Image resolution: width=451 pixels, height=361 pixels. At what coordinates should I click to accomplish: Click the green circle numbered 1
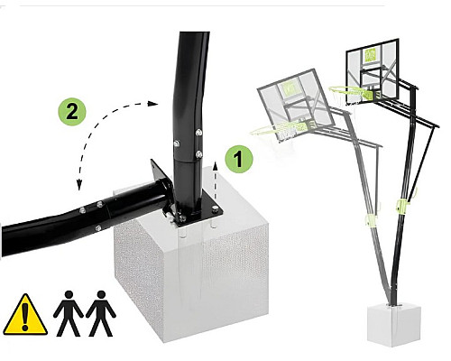pyautogui.click(x=239, y=159)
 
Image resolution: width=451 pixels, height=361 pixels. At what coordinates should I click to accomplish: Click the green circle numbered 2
pyautogui.click(x=72, y=112)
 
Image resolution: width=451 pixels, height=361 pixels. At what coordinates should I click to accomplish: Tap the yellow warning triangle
pyautogui.click(x=25, y=315)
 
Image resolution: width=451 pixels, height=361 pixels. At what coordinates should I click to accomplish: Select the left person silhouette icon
pyautogui.click(x=69, y=313)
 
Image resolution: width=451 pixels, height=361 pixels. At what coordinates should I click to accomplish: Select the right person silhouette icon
pyautogui.click(x=101, y=313)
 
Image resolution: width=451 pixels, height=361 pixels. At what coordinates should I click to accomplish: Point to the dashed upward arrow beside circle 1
pyautogui.click(x=216, y=180)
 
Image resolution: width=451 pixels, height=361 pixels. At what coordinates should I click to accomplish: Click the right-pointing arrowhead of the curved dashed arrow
pyautogui.click(x=152, y=104)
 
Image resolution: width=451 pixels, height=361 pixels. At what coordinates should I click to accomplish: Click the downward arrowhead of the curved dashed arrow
pyautogui.click(x=79, y=185)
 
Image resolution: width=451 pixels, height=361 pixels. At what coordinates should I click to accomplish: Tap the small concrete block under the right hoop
pyautogui.click(x=394, y=324)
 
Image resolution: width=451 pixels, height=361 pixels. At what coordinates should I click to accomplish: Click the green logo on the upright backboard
pyautogui.click(x=371, y=56)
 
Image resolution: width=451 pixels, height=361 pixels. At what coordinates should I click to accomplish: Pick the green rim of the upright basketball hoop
pyautogui.click(x=350, y=90)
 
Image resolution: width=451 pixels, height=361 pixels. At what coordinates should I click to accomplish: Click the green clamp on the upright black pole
pyautogui.click(x=403, y=205)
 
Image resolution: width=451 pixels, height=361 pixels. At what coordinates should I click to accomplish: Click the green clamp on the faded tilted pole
pyautogui.click(x=371, y=219)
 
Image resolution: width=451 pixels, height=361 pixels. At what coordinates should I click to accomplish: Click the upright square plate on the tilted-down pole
pyautogui.click(x=161, y=178)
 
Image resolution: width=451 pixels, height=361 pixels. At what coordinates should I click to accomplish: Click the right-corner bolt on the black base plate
pyautogui.click(x=216, y=209)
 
